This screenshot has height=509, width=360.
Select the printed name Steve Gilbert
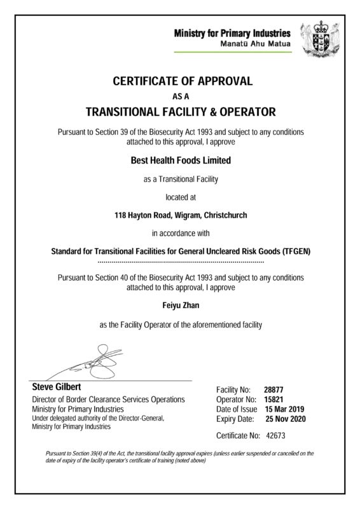click(57, 387)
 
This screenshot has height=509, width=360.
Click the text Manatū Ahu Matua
click(256, 43)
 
